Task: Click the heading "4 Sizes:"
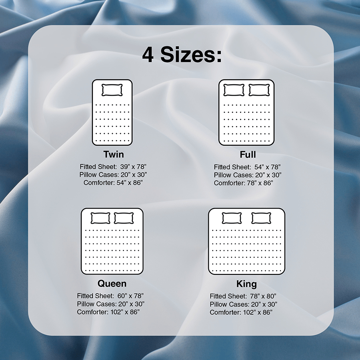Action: pyautogui.click(x=182, y=55)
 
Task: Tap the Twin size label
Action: pyautogui.click(x=114, y=154)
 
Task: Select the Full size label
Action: pyautogui.click(x=248, y=154)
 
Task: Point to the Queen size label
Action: pyautogui.click(x=112, y=284)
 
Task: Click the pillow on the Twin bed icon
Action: pyautogui.click(x=112, y=90)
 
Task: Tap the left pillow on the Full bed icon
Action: pyautogui.click(x=234, y=90)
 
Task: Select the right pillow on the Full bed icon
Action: pyautogui.click(x=259, y=90)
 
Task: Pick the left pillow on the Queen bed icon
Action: pyautogui.click(x=100, y=218)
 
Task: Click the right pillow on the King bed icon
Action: pyautogui.click(x=261, y=218)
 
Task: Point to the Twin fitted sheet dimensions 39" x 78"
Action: pyautogui.click(x=133, y=166)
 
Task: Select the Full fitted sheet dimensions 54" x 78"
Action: pyautogui.click(x=268, y=167)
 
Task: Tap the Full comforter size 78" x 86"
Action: pyautogui.click(x=260, y=183)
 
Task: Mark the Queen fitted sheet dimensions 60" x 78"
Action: pyautogui.click(x=131, y=296)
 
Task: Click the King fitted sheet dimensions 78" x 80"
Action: pyautogui.click(x=263, y=296)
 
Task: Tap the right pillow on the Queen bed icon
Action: pyautogui.click(x=124, y=218)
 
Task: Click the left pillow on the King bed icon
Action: pyautogui.click(x=232, y=218)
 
